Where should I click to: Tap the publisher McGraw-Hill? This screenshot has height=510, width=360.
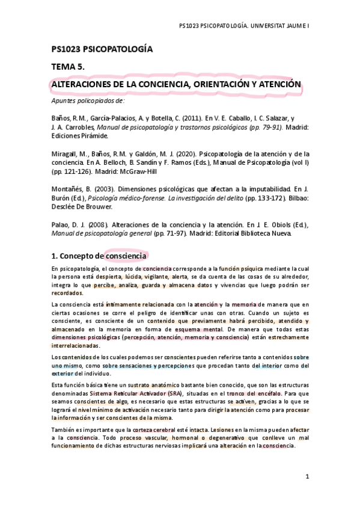pos(138,171)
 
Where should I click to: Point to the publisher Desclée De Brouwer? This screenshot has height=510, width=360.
pos(82,206)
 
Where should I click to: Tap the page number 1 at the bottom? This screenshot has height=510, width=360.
pos(307,477)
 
